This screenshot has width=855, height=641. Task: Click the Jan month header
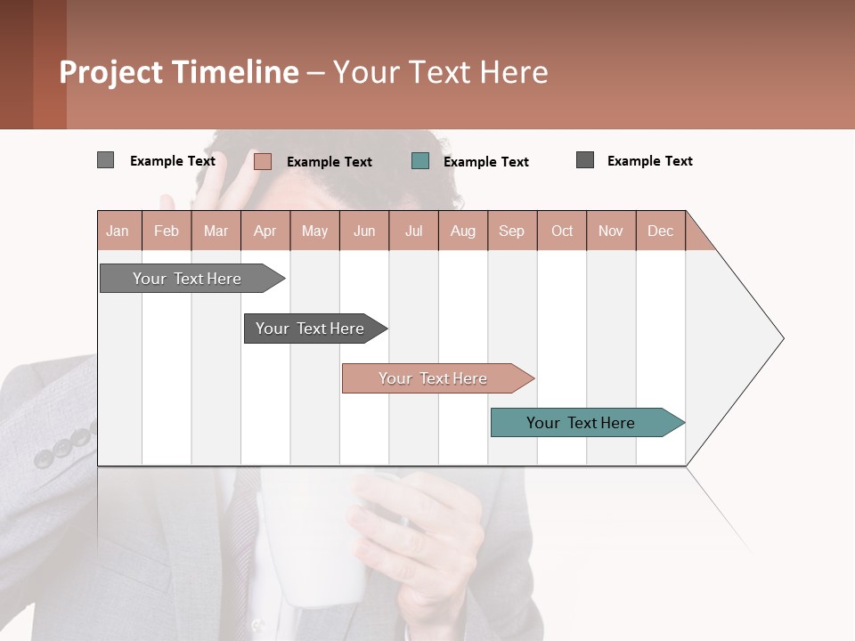pos(118,231)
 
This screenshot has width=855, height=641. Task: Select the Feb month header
pos(167,231)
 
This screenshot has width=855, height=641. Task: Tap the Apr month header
pos(265,231)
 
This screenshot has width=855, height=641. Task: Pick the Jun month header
pos(364,231)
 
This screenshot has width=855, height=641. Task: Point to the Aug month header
pos(463,231)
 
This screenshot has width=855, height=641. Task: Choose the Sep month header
pos(512,231)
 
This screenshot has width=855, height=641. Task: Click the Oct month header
pos(562,231)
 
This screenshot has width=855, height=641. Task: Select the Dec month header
pos(661,231)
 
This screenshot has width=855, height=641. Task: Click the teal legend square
pos(420,161)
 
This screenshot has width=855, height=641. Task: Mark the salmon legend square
pos(262,161)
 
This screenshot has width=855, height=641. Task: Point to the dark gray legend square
pos(585,160)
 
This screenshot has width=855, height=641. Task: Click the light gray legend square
pos(105,160)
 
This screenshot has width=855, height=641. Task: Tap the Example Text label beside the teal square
pos(485,161)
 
